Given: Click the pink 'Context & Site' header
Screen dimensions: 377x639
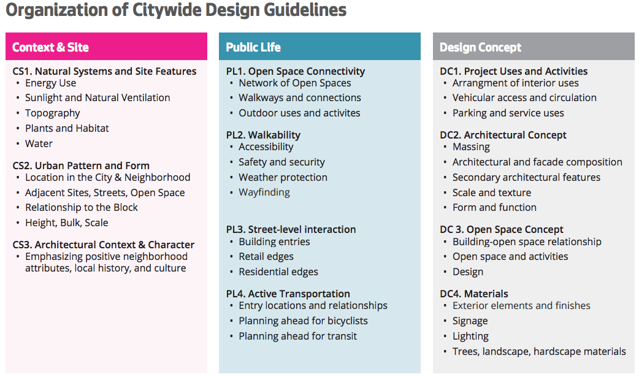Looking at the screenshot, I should point(50,47).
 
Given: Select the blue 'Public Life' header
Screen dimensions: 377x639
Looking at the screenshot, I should point(253,47).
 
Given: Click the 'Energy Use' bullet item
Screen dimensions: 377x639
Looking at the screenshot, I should point(50,83).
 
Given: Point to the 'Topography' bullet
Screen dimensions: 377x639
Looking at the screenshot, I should point(52,113).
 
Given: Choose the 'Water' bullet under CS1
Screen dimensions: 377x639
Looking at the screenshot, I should point(39,143).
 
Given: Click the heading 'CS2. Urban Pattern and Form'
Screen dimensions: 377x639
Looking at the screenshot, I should point(81,166).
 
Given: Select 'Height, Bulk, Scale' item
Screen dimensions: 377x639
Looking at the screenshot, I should point(66,223).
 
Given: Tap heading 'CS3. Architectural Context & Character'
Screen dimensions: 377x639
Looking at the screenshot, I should point(104,245).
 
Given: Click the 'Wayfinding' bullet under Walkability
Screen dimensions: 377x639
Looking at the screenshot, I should point(264,192).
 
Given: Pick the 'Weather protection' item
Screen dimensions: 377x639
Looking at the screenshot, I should point(283,177).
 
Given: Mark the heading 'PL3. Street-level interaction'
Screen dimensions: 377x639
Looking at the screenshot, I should point(291,229).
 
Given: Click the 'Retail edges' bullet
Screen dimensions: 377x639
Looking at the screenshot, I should point(266,256).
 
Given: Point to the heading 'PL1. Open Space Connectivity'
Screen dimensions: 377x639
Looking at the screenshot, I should point(296,71).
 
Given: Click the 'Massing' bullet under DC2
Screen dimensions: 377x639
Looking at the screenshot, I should point(471,147).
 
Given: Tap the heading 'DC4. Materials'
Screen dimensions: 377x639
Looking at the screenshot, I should point(474,294).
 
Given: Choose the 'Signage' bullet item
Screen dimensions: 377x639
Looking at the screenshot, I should point(470,321).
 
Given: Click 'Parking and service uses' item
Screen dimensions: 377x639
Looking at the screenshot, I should point(508,113).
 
